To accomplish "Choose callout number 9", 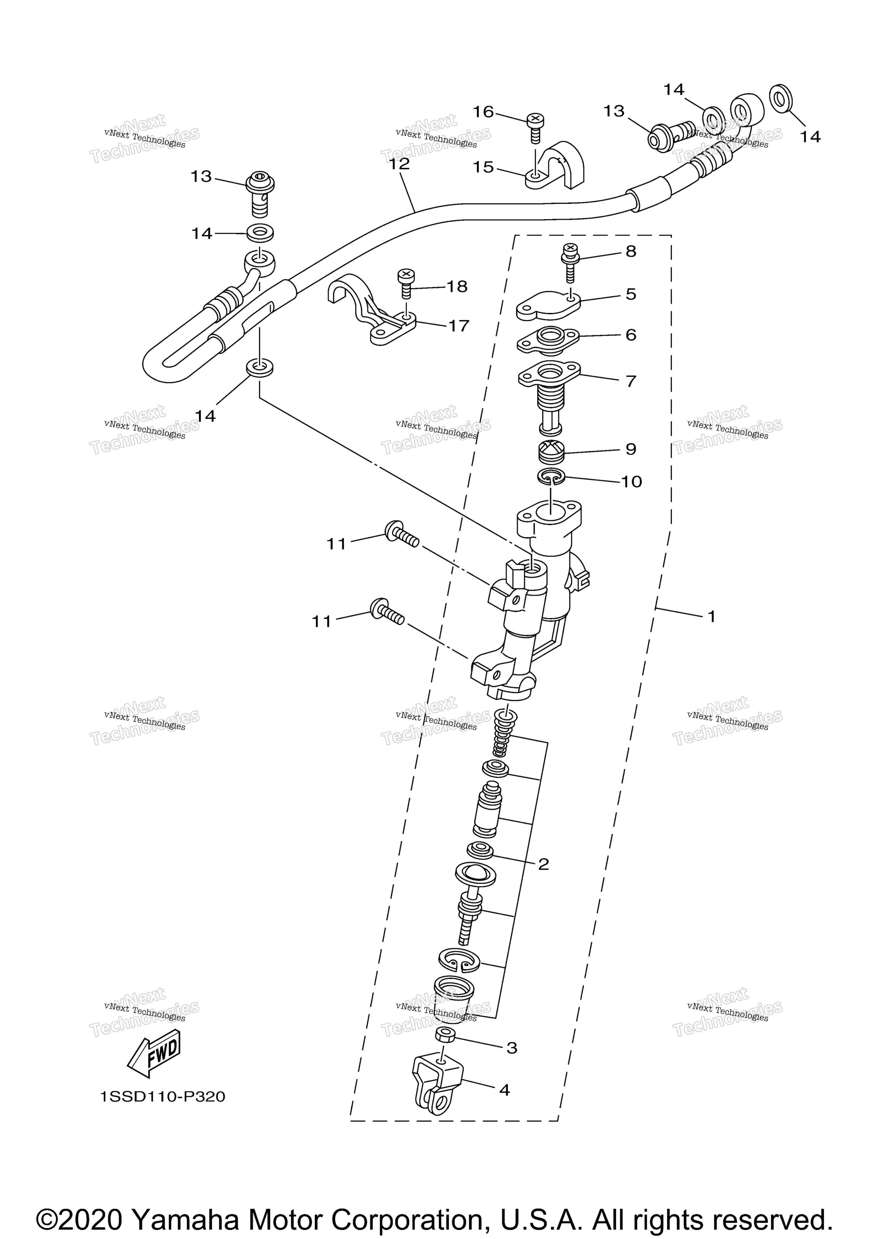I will pyautogui.click(x=630, y=449).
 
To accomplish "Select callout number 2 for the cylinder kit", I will pyautogui.click(x=543, y=864).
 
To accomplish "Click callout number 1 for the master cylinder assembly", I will pyautogui.click(x=711, y=616).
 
